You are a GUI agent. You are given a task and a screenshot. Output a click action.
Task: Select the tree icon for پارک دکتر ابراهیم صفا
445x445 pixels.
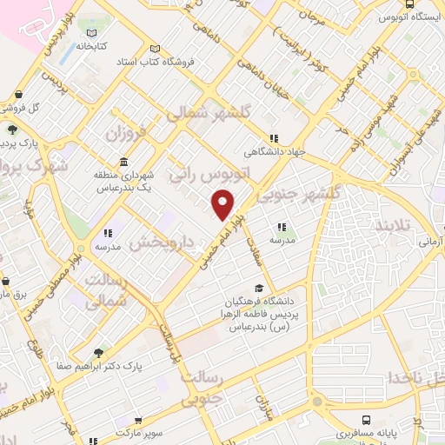click(96, 353)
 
